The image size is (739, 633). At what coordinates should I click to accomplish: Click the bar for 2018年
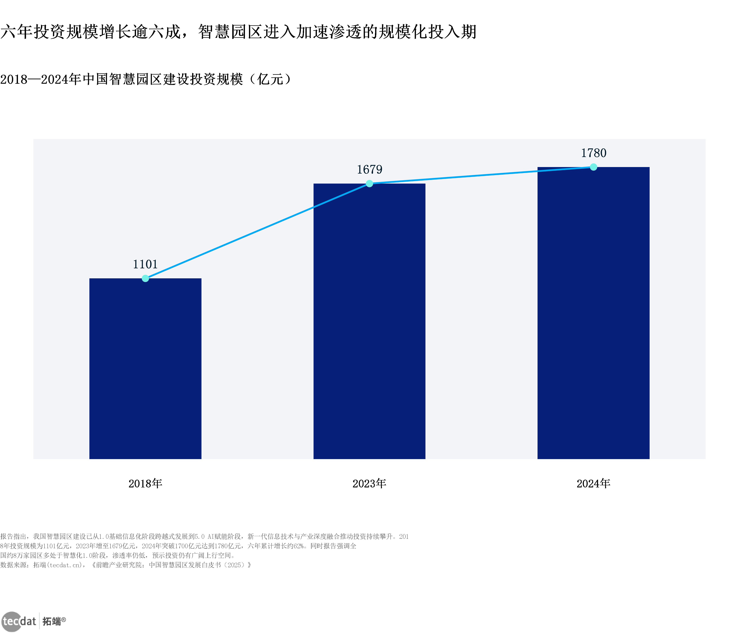145,369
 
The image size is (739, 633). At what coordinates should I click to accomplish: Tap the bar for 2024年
593,313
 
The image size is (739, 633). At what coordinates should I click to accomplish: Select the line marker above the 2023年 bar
369,184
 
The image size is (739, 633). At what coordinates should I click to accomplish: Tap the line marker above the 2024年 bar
593,167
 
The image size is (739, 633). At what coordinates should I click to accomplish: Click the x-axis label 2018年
145,484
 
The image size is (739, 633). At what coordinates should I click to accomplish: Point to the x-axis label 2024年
593,484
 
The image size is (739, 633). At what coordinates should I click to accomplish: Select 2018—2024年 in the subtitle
41,79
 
